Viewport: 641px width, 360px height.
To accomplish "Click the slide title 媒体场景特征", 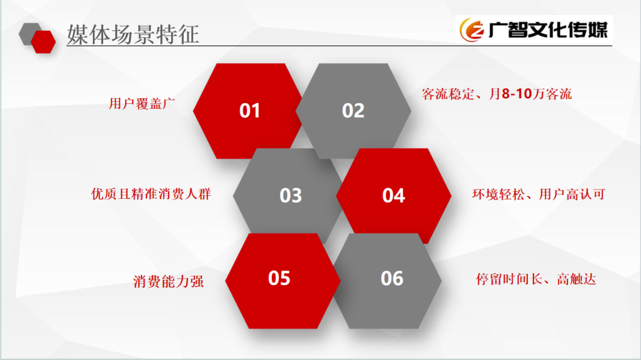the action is click(133, 34).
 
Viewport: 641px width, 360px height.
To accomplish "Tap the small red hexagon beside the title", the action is click(43, 42).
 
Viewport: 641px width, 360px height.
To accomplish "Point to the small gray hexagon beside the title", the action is click(28, 33).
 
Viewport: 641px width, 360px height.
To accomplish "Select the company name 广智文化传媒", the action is click(548, 30).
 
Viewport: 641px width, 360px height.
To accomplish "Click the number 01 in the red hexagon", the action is click(249, 111).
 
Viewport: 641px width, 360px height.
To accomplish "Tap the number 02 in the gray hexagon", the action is click(353, 111).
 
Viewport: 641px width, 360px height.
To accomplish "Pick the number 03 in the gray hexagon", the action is click(291, 196).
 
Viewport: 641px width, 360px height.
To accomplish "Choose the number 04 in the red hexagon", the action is click(394, 196).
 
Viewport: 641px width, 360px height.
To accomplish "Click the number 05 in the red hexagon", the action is click(279, 278).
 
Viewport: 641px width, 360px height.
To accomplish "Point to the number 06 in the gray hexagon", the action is click(392, 279).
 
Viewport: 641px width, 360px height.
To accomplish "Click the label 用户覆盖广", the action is click(142, 103).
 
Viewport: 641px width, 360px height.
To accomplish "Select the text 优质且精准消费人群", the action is click(151, 193).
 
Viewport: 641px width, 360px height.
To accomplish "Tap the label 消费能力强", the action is click(169, 281).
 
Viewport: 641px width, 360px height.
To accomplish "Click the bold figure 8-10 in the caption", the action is click(516, 94).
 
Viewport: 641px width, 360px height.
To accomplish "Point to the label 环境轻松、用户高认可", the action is click(539, 194).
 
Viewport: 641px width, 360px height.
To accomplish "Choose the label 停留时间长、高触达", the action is click(536, 279).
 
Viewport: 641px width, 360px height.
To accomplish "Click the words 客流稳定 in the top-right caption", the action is click(448, 94).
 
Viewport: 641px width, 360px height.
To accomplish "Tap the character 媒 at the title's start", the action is click(77, 35).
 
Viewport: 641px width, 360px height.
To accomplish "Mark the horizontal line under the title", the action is click(339, 45).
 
